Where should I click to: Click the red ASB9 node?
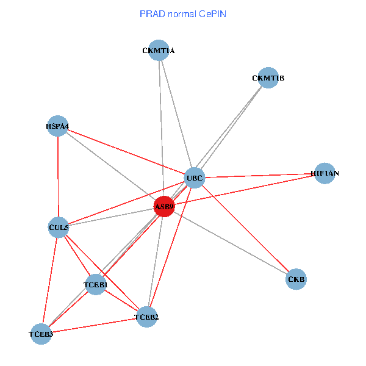point(163,207)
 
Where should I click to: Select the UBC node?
point(195,178)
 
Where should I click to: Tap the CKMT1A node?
point(159,51)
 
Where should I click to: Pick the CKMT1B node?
point(268,78)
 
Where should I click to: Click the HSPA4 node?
point(57,126)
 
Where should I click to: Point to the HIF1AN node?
point(325,173)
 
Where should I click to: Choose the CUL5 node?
point(58,228)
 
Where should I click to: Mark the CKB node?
point(296,279)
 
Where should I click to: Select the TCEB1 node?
point(96,285)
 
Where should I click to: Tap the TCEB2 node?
point(146,317)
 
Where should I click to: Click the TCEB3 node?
point(41,334)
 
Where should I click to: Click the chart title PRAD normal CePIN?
point(183,13)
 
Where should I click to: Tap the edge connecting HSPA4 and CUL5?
point(58,177)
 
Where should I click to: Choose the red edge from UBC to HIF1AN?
point(259,176)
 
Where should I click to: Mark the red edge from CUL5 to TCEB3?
point(49,281)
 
